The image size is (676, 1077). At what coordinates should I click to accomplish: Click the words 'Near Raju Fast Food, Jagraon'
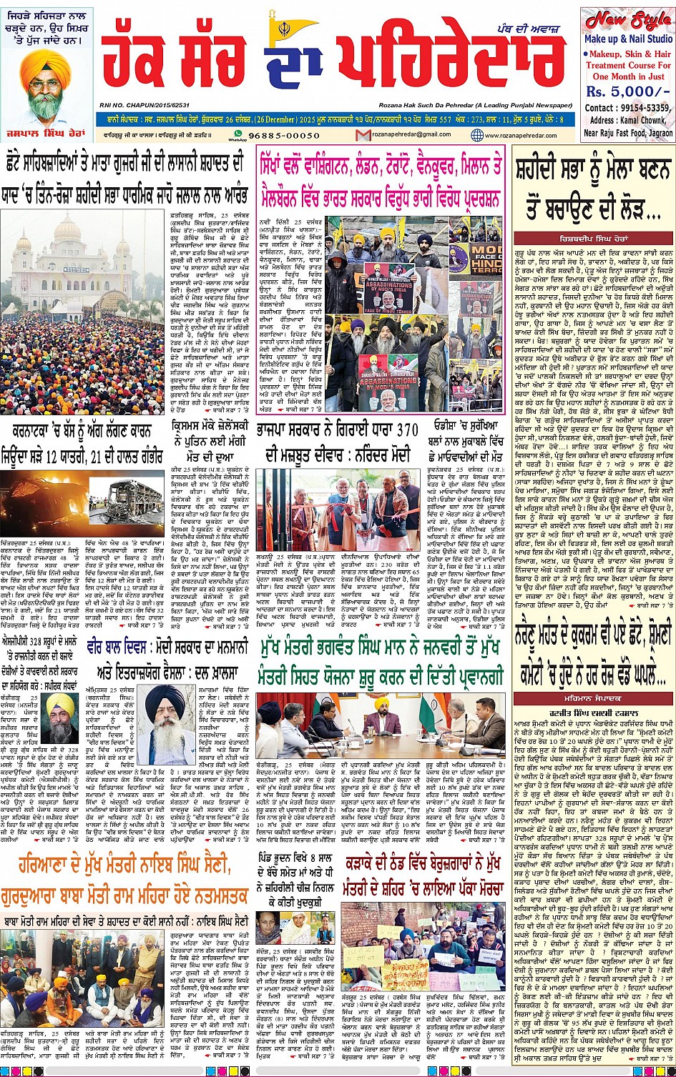pyautogui.click(x=627, y=132)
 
